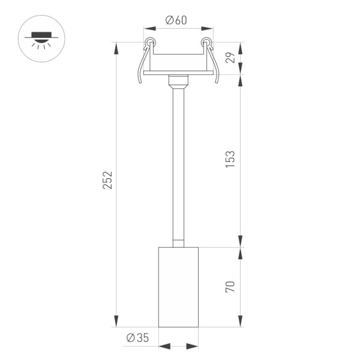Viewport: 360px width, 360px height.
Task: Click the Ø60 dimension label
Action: tap(178, 20)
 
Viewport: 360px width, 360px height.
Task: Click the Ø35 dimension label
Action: tap(137, 338)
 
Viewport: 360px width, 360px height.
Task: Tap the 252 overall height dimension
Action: tap(107, 181)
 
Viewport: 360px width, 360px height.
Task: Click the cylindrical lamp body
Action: tap(178, 286)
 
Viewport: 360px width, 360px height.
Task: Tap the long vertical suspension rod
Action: tap(178, 162)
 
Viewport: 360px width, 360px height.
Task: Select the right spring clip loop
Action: tap(208, 43)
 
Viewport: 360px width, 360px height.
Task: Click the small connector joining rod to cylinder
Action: tap(178, 243)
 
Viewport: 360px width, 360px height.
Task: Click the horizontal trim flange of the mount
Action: tap(178, 73)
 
